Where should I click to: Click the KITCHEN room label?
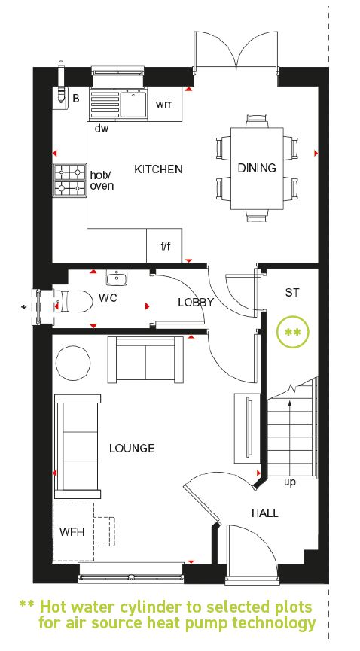click(x=158, y=169)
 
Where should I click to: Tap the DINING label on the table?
click(x=257, y=168)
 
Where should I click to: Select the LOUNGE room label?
click(x=132, y=449)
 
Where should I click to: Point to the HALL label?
click(x=265, y=513)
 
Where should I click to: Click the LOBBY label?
click(x=196, y=303)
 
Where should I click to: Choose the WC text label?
click(x=108, y=298)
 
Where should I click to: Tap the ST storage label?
click(x=291, y=292)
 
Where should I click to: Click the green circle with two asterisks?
click(x=293, y=332)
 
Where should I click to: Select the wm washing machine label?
click(x=164, y=104)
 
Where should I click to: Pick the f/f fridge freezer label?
click(x=166, y=246)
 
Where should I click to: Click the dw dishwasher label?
click(x=102, y=129)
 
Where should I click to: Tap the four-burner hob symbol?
click(x=69, y=180)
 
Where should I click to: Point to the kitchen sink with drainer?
click(x=118, y=105)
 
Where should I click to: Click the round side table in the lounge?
click(x=73, y=363)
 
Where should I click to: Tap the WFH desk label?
click(x=72, y=532)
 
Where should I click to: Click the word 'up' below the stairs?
click(x=290, y=483)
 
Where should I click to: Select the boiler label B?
click(x=75, y=99)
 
